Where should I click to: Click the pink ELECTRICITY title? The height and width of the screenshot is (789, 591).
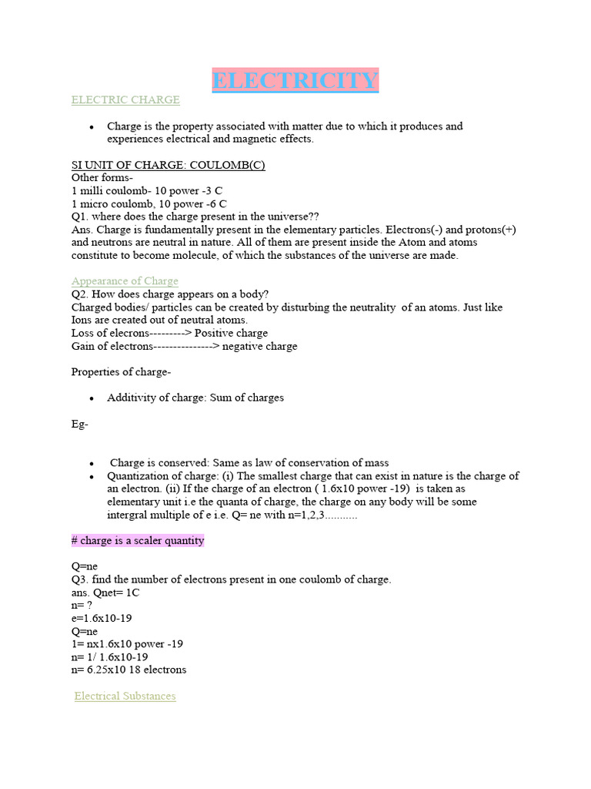pos(295,81)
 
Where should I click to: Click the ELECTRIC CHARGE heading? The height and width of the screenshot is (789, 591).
pos(125,99)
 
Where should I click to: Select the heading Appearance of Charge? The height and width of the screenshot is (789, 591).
pos(125,281)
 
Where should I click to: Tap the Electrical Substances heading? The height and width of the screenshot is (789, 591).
pos(125,697)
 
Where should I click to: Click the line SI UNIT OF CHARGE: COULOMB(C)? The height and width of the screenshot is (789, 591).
pos(169,165)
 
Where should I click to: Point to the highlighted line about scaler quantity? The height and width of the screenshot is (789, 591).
pos(138,540)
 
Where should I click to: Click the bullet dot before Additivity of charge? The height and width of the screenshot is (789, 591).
pos(92,398)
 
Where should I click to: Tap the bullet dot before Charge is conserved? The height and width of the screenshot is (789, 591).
pos(92,463)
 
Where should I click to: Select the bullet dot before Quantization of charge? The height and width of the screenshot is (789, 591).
pos(92,476)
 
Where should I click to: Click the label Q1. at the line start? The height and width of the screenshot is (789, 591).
pos(80,217)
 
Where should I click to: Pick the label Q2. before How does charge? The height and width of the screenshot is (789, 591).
pos(80,294)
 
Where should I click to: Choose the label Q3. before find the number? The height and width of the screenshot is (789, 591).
pos(80,579)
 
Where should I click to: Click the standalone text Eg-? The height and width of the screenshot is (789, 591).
pos(80,424)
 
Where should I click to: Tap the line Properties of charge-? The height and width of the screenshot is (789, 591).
pos(122,372)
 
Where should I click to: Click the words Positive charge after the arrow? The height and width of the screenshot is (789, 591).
pos(232,333)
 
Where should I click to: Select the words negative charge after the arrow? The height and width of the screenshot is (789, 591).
pos(260,346)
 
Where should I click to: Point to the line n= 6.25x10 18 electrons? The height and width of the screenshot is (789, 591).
pos(129,670)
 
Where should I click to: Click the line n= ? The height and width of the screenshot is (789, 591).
pos(82,605)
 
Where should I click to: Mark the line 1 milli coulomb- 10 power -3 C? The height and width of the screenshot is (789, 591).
pos(148,190)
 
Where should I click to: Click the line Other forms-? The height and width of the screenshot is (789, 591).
pos(102,178)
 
